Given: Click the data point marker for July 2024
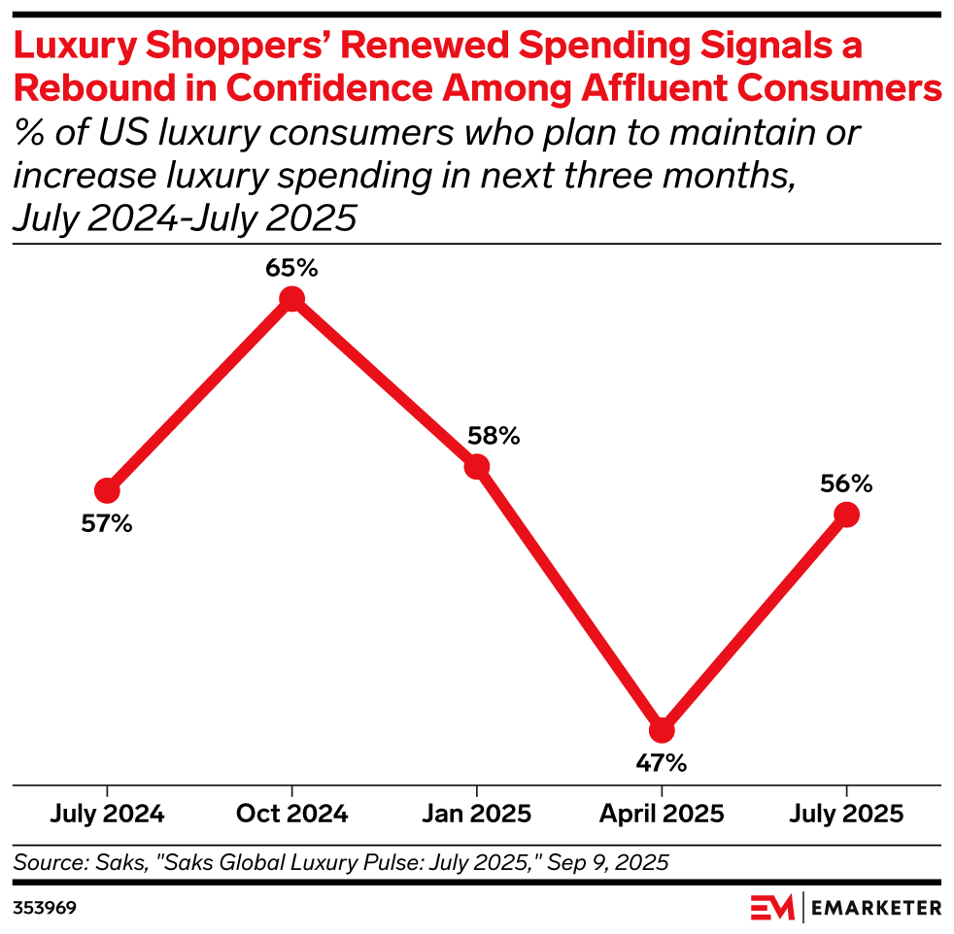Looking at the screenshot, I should tap(108, 490).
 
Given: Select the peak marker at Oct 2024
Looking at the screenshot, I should tap(292, 299).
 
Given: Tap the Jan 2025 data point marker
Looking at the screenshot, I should tap(477, 467).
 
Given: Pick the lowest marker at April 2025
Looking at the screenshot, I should tap(662, 730).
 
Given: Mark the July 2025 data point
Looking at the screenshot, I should tap(846, 515).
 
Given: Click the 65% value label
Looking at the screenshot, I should tap(292, 267).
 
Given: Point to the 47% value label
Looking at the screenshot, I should tap(662, 763).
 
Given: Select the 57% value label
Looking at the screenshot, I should tap(107, 524).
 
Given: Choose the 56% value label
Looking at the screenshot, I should tap(845, 483).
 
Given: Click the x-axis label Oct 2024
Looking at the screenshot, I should tap(292, 814).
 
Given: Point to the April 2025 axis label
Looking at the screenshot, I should tap(662, 814).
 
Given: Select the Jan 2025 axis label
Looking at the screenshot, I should tap(477, 814).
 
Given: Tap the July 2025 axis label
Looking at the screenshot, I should tap(846, 814).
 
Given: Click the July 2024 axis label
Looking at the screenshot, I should tap(108, 814).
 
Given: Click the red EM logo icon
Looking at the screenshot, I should tap(773, 909).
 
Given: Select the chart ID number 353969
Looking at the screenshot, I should tap(45, 909).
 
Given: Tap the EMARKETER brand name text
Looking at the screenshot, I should tap(876, 909).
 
